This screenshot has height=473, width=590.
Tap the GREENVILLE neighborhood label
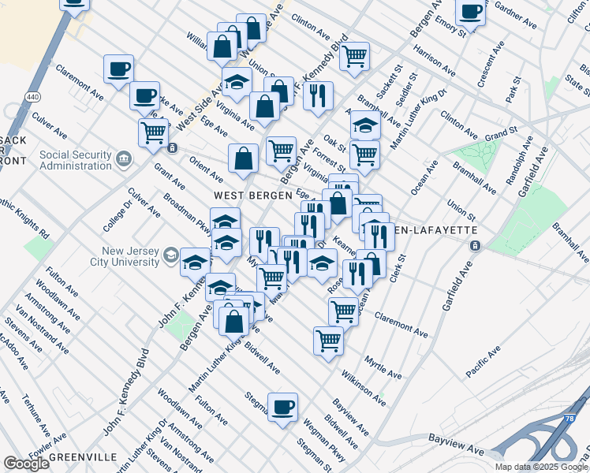tap(83, 457)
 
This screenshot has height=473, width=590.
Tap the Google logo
tap(26, 464)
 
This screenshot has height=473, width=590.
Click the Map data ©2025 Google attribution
tap(541, 467)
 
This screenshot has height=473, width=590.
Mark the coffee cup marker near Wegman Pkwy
tap(282, 407)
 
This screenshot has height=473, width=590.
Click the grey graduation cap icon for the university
tap(171, 255)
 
